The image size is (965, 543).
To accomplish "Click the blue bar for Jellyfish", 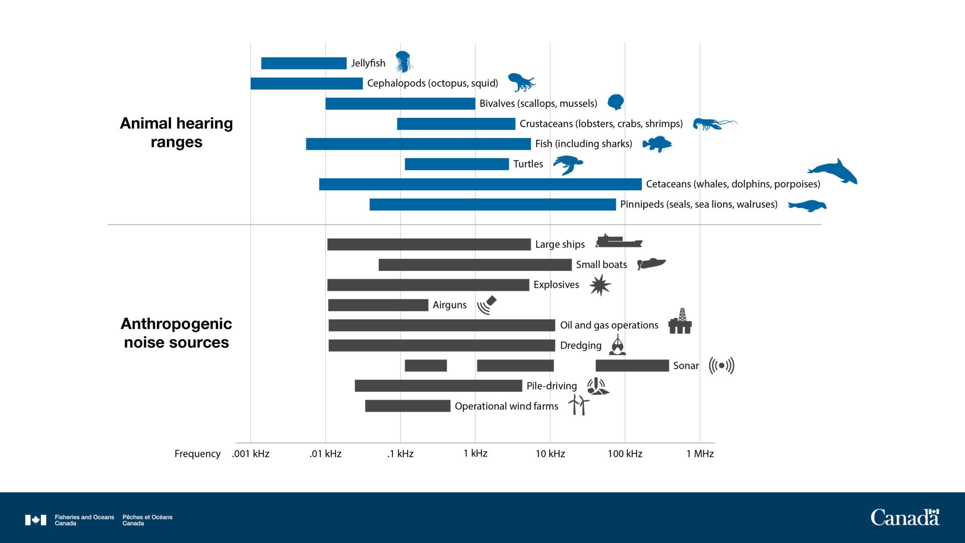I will click(303, 63).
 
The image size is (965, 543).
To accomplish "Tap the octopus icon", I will click(521, 82).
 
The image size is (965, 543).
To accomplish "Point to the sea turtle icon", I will click(568, 165).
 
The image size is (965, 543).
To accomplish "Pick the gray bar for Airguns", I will click(378, 305).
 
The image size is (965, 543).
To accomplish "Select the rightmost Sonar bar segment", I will click(632, 366).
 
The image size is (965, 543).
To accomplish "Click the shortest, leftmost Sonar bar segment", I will click(425, 366).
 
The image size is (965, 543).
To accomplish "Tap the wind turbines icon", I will click(579, 405).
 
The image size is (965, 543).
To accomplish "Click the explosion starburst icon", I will click(600, 285).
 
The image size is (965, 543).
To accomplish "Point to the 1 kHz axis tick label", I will click(475, 453).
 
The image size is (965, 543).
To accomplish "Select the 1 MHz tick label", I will click(700, 453).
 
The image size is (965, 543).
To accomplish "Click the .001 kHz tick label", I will click(251, 453).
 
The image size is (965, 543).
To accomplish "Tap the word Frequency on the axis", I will click(197, 453).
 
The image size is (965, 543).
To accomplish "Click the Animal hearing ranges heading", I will click(176, 132).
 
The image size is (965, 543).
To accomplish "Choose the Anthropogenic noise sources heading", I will click(176, 333).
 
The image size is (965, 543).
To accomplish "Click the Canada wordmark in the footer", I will click(904, 518).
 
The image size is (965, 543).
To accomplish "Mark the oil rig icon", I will click(680, 321).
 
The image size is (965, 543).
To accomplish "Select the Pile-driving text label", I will click(551, 386).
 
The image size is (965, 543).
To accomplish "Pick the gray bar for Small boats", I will click(475, 265).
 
